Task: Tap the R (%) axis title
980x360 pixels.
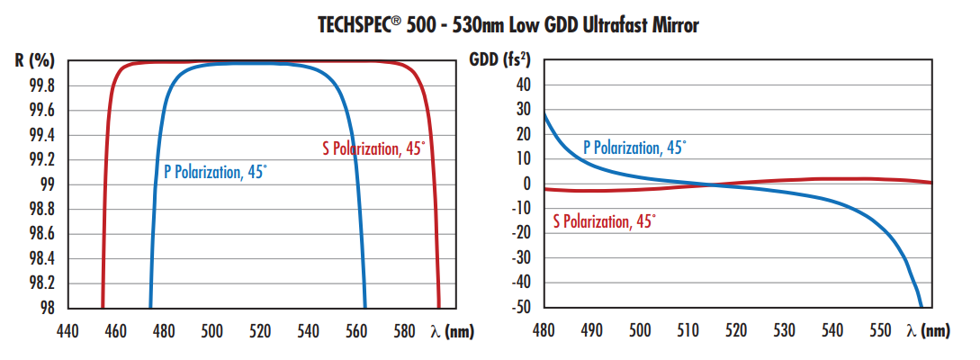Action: coord(35,61)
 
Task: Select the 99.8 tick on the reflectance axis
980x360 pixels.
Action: coord(41,86)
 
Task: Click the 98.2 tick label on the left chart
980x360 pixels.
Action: coord(41,283)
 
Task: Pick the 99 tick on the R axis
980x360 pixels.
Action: coord(48,184)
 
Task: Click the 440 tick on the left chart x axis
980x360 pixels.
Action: coord(67,331)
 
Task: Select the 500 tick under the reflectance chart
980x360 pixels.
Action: coord(212,331)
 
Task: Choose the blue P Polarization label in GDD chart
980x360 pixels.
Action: coord(634,148)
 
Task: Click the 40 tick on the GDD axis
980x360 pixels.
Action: coord(524,85)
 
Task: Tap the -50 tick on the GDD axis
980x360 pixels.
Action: coord(520,307)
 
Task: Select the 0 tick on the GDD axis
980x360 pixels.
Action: coord(528,184)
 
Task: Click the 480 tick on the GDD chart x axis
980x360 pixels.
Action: coord(544,331)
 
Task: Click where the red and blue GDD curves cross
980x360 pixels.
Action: coord(711,184)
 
